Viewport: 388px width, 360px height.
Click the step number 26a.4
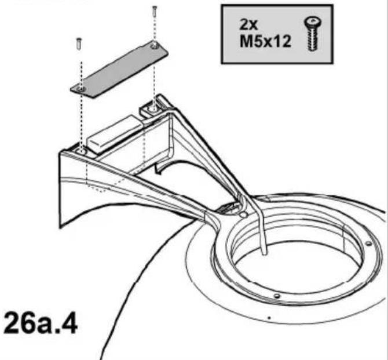click(41, 323)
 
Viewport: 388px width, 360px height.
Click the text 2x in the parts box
click(248, 24)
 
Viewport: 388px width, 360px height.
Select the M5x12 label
click(265, 41)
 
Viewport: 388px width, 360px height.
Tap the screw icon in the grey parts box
click(313, 34)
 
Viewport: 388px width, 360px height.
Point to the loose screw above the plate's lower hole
click(79, 44)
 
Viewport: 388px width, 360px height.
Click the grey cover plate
click(119, 70)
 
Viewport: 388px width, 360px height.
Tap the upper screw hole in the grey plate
click(155, 45)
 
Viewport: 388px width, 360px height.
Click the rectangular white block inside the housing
click(115, 133)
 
